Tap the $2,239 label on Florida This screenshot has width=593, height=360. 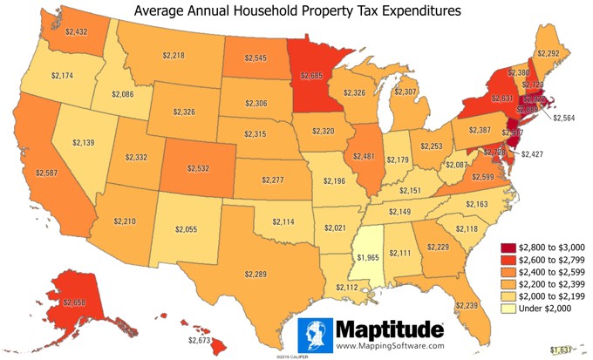pyautogui.click(x=467, y=305)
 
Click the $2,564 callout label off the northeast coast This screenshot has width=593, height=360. pyautogui.click(x=565, y=118)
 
